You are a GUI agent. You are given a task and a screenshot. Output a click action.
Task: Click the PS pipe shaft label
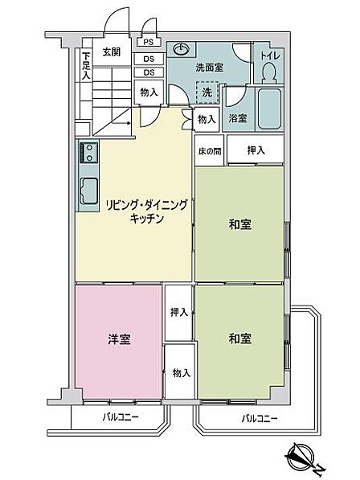(149, 42)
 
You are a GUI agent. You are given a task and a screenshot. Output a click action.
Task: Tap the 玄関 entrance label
(112, 52)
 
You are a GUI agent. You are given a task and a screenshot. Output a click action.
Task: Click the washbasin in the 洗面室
(181, 49)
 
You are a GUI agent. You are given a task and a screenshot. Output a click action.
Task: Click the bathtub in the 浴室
(269, 109)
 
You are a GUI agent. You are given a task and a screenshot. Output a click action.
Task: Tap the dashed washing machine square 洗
(207, 92)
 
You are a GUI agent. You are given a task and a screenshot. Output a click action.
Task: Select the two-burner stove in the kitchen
(88, 153)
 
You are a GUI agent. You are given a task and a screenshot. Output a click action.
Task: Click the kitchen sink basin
(89, 191)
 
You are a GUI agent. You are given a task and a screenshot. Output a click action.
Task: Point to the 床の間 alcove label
(210, 151)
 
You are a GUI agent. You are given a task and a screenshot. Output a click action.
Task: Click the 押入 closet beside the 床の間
(256, 150)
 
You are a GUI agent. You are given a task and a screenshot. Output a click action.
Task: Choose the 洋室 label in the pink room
(119, 339)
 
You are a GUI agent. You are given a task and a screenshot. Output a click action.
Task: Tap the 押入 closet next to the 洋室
(178, 313)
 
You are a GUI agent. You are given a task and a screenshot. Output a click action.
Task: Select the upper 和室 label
(240, 224)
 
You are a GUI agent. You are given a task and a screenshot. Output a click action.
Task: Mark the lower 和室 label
(240, 338)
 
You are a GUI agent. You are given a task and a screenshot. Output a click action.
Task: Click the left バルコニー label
(121, 417)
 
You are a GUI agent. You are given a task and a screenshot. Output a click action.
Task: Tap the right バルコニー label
(260, 418)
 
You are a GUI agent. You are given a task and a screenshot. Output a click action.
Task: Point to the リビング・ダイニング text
(146, 205)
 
